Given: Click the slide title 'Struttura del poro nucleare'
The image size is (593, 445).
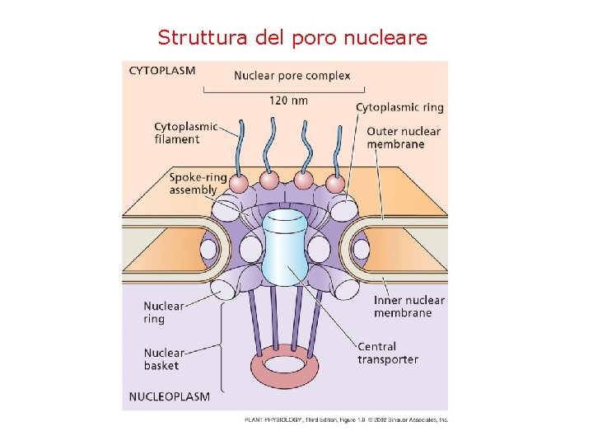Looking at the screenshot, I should coord(292,37).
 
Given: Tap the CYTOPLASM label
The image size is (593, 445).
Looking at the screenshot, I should coord(162,70).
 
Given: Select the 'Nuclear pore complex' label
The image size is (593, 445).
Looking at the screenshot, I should coord(292,76).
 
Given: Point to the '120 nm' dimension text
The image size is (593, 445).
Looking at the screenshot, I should coord(289,101).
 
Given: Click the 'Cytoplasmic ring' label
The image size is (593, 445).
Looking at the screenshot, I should coord(399,107).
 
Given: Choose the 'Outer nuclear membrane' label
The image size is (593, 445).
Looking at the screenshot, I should coord(404,138).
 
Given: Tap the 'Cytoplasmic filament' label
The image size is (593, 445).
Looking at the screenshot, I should coord(185,133).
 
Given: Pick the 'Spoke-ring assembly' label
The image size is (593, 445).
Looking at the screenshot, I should coord(197,183).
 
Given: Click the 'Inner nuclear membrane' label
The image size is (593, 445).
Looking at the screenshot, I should coord(409,307).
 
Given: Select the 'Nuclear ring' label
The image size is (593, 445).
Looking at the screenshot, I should coord(164,312).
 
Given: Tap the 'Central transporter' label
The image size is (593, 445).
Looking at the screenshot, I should coord(387,353).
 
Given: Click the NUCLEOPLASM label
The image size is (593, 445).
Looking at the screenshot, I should coord(170,396).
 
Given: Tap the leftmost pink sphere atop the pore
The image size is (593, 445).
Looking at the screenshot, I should coord(239,182).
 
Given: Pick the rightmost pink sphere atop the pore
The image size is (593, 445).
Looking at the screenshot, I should coord(334,182).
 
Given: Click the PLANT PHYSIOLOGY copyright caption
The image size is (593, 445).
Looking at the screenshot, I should coord(346,419).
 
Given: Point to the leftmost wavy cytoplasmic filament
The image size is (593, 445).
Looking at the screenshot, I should coord(244,148).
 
